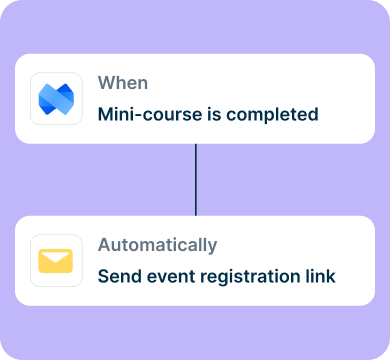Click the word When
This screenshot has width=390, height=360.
(123, 83)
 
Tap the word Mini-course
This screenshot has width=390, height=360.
(150, 114)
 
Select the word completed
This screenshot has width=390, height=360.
(272, 115)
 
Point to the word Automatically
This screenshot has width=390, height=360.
(157, 245)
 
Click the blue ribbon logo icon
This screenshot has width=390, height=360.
(56, 99)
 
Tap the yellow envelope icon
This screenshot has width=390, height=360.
(55, 261)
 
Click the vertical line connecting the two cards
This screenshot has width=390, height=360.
(196, 180)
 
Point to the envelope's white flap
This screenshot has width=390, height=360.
(55, 257)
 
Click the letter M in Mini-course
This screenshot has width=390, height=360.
(105, 114)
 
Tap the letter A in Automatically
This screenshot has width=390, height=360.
(104, 245)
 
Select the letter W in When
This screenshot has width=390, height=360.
(107, 83)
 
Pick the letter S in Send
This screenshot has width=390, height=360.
(104, 277)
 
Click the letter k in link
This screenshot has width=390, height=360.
(331, 276)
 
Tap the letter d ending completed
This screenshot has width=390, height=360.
(313, 114)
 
